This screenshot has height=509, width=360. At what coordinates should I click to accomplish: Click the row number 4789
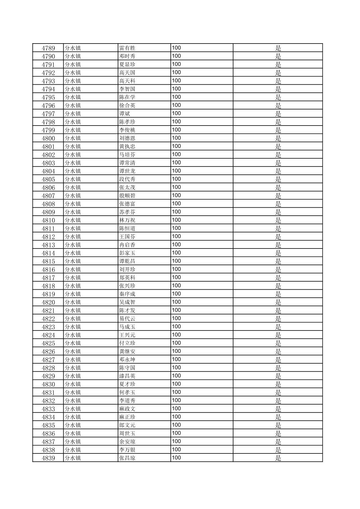click(48, 48)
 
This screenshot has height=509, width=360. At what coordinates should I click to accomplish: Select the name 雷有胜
click(127, 48)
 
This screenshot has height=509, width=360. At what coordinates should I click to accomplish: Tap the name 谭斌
click(125, 114)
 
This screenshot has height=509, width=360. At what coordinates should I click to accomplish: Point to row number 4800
click(48, 138)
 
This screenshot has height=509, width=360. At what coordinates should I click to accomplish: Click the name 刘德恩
click(127, 138)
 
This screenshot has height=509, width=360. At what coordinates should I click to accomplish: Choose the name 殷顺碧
click(127, 196)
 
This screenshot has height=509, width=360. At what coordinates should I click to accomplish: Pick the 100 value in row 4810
click(176, 220)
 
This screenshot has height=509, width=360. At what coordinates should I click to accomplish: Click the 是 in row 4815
click(278, 261)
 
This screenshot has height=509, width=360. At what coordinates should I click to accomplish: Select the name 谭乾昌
click(127, 261)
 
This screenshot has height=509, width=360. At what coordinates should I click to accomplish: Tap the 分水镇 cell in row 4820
click(73, 302)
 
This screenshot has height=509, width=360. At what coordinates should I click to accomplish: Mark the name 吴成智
click(127, 302)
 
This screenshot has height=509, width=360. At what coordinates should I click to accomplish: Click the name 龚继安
click(127, 352)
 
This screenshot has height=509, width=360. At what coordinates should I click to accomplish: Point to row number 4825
click(48, 343)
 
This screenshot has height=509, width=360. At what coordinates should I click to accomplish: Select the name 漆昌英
click(127, 376)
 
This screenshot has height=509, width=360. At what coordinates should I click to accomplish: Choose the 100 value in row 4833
click(176, 409)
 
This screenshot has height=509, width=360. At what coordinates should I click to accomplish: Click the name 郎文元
click(127, 425)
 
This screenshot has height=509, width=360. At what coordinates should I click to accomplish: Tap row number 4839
click(48, 458)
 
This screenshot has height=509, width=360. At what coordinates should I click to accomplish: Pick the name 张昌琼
click(127, 458)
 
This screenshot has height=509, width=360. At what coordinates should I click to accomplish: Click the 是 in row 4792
click(278, 73)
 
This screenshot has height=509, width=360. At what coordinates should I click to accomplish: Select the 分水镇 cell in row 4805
click(73, 179)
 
